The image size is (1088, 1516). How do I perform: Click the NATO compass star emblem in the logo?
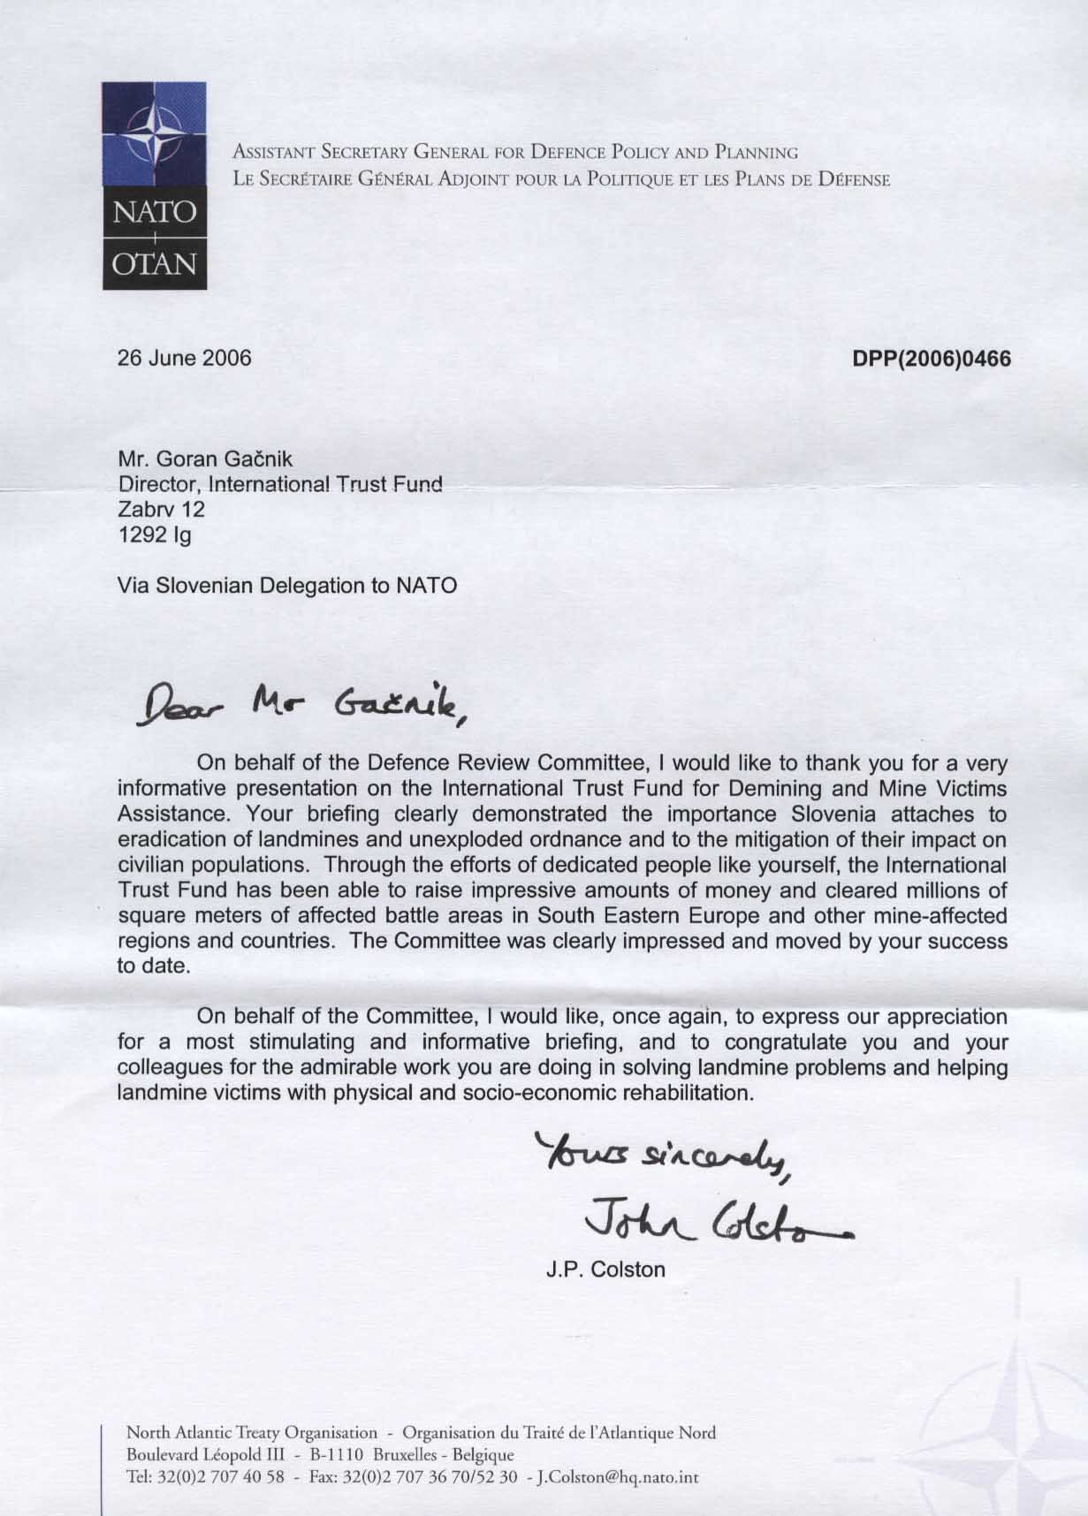(155, 134)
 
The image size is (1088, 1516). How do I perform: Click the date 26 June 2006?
(185, 358)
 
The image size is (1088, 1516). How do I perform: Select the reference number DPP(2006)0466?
(931, 359)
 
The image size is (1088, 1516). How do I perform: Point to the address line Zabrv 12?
(161, 510)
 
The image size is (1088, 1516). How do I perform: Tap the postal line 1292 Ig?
(154, 534)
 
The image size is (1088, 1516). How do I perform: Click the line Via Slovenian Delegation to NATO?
(287, 585)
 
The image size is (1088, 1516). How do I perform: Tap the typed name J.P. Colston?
(605, 1270)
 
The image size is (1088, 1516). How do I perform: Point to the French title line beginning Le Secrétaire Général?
(560, 178)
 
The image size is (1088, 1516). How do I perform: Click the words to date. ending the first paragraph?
(153, 966)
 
